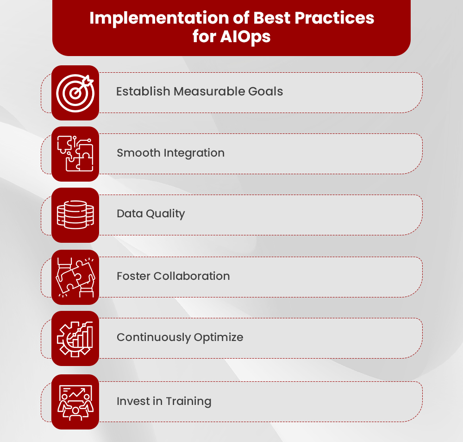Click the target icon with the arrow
[x=75, y=92]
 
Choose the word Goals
[x=266, y=91]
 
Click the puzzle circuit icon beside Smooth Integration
[x=75, y=154]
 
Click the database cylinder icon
[x=75, y=215]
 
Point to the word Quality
[x=165, y=214]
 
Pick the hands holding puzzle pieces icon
[x=75, y=277]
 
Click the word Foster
[x=133, y=276]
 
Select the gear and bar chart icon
[x=75, y=338]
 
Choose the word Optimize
[x=219, y=338]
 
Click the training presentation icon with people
[x=75, y=402]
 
